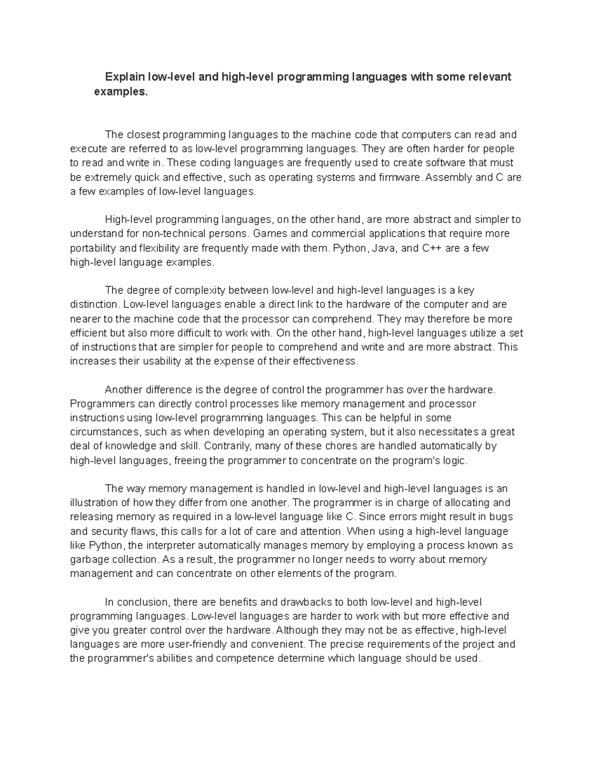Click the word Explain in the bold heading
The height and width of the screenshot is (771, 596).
coord(124,77)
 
